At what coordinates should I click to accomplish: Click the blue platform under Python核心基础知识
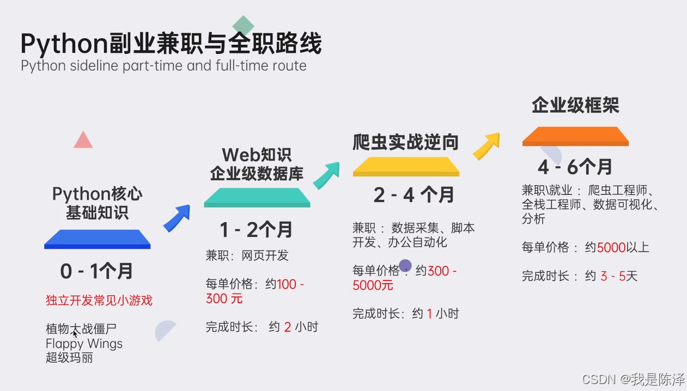97,239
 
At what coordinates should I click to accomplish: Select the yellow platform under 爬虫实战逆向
406,167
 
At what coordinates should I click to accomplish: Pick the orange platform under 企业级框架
575,136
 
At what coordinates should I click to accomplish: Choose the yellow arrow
487,145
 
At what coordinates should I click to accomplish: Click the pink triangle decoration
83,141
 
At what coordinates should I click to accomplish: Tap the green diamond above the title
243,26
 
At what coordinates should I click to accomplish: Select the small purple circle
405,266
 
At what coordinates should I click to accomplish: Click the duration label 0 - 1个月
96,271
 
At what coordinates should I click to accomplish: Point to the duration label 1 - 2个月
256,230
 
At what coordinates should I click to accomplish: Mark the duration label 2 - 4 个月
414,195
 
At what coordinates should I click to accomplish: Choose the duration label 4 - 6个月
574,166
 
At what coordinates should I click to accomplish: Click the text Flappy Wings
84,344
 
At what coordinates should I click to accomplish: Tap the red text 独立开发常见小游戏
99,300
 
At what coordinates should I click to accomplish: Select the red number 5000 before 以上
611,247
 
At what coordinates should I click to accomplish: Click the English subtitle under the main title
163,66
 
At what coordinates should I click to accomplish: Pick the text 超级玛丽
69,358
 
